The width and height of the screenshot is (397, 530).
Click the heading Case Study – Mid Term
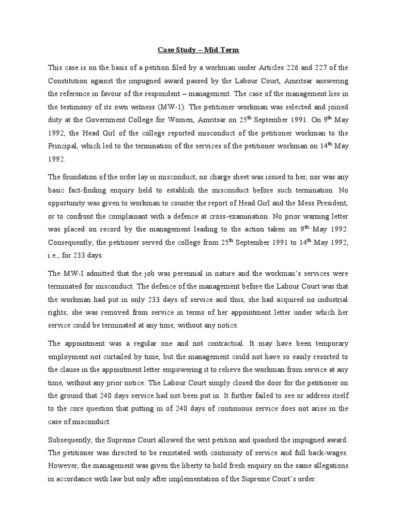tap(198, 50)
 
